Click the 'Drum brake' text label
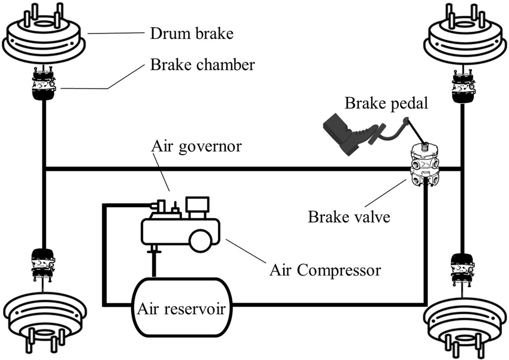click(190, 33)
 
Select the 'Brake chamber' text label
click(203, 65)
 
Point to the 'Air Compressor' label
click(325, 270)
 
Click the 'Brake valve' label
click(349, 216)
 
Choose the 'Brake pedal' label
click(386, 102)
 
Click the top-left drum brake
click(44, 40)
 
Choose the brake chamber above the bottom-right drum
click(463, 267)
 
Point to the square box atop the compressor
click(198, 207)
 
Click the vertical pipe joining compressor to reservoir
click(154, 260)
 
